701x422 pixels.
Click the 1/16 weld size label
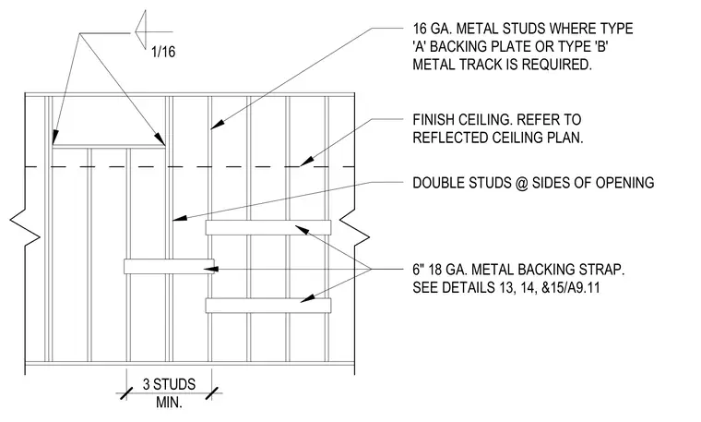coord(163,52)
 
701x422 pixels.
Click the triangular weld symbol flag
coord(140,30)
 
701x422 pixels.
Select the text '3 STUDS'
coord(169,384)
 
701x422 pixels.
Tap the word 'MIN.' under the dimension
coord(169,402)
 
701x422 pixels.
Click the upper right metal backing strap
coord(268,227)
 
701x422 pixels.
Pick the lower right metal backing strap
coord(268,306)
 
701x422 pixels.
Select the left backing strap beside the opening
coord(169,266)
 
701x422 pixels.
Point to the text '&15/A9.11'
coord(570,287)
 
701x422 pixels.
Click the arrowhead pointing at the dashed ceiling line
coord(306,162)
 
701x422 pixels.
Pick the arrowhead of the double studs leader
coord(179,219)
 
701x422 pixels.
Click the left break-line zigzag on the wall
coord(25,231)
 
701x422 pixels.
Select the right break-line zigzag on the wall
coord(354,231)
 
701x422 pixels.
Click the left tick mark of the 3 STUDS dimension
coord(126,393)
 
